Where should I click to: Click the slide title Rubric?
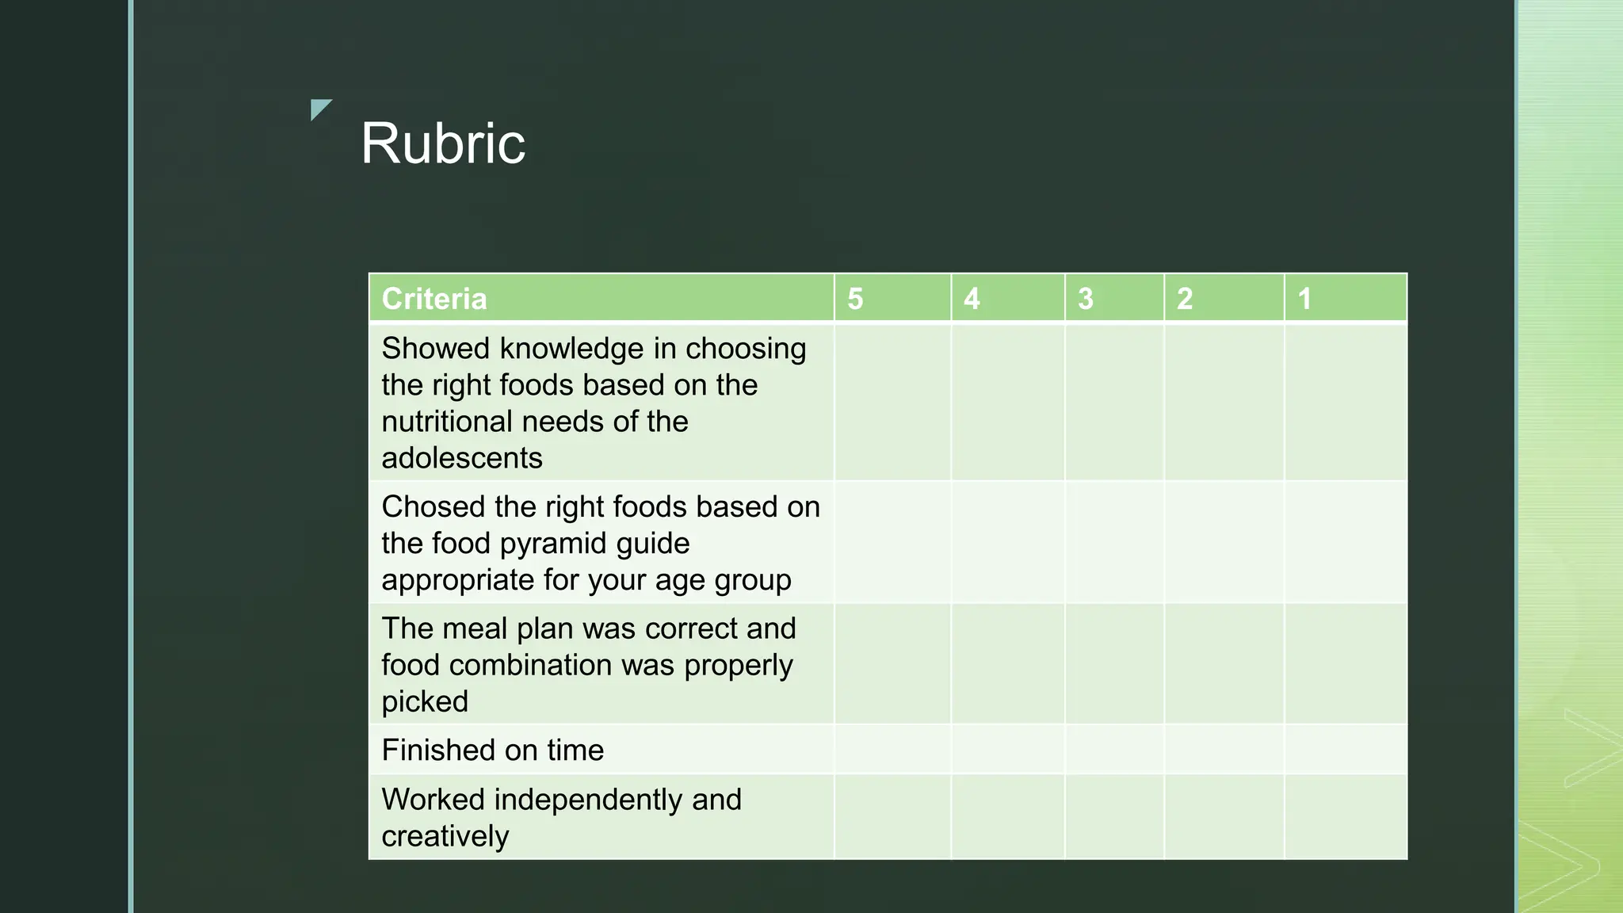[x=442, y=143]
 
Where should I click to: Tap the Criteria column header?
[x=434, y=299]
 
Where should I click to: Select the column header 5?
[x=855, y=299]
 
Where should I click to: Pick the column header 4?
[x=972, y=299]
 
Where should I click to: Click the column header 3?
[x=1086, y=299]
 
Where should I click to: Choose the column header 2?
[x=1185, y=299]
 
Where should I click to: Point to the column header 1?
[x=1304, y=299]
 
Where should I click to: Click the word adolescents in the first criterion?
[x=462, y=458]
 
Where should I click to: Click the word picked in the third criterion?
[x=425, y=701]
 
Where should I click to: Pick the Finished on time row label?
[x=492, y=750]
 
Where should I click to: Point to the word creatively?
[x=445, y=836]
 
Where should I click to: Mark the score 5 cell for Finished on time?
[x=892, y=750]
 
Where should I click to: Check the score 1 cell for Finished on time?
[x=1346, y=750]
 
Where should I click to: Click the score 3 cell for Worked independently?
[x=1114, y=817]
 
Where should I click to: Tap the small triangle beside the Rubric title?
[x=319, y=109]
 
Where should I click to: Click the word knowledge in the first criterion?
[x=571, y=349]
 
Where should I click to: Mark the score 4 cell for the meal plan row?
[x=1007, y=664]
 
